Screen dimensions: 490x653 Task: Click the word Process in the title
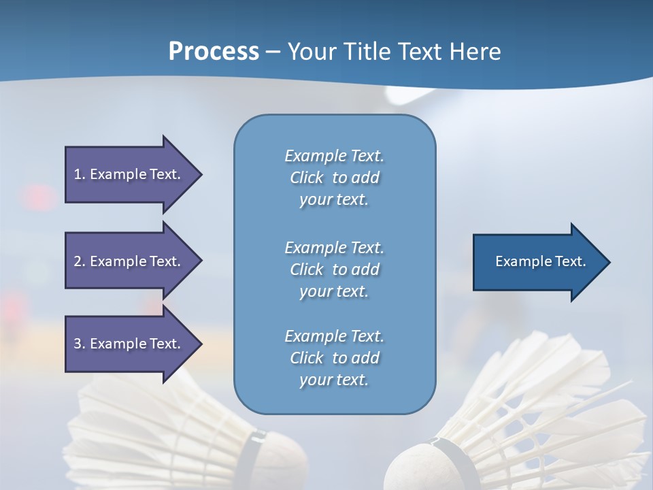pyautogui.click(x=214, y=52)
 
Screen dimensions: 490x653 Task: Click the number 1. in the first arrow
pyautogui.click(x=79, y=174)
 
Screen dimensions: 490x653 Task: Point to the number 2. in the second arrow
pyautogui.click(x=79, y=261)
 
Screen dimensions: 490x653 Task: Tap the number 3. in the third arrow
pyautogui.click(x=79, y=344)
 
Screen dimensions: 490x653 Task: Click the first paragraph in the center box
pyautogui.click(x=334, y=178)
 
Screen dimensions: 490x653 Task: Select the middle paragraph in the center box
pyautogui.click(x=334, y=269)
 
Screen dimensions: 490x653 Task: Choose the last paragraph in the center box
pyautogui.click(x=334, y=358)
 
